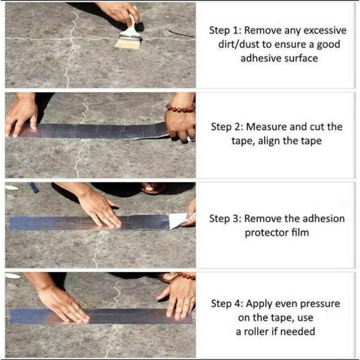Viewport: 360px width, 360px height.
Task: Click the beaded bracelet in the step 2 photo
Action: click(180, 108)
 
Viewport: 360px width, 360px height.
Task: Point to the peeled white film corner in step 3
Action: click(178, 220)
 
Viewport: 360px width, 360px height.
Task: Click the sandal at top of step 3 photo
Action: click(153, 188)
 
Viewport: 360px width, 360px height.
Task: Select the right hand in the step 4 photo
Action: click(178, 297)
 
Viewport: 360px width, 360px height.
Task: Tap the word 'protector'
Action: click(265, 233)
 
